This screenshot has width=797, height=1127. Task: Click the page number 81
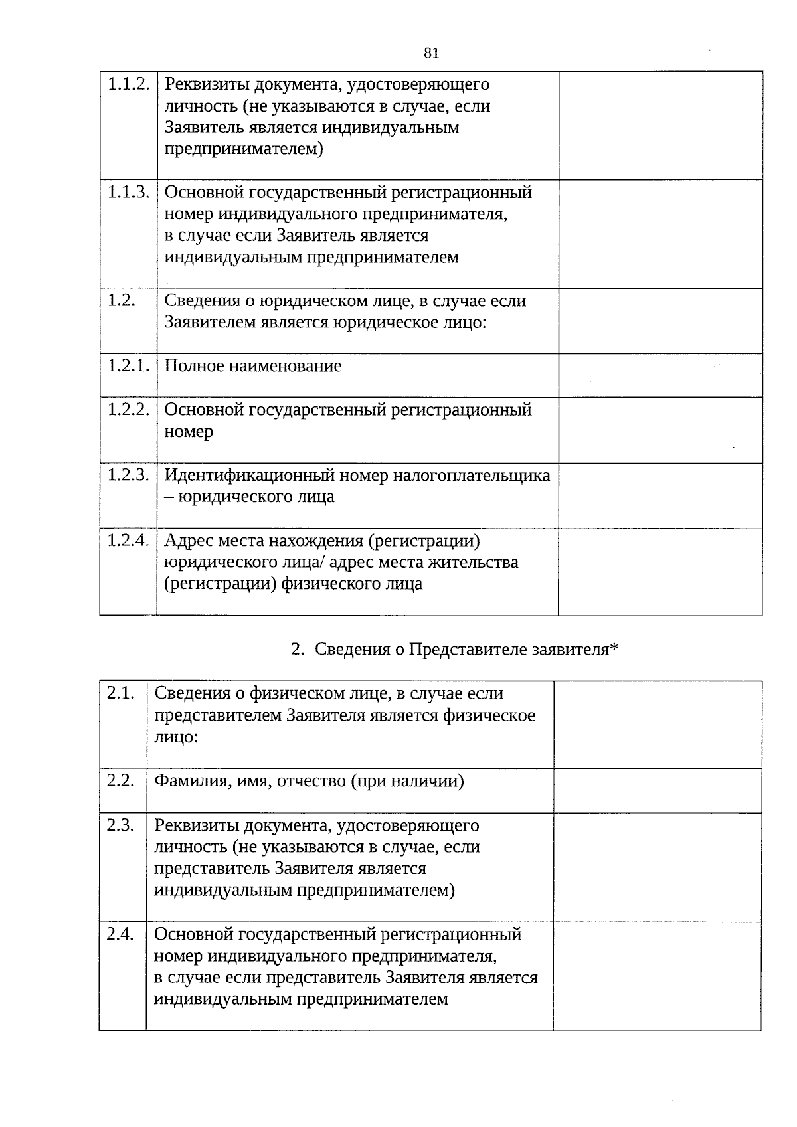click(x=431, y=54)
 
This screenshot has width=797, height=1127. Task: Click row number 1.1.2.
click(x=128, y=84)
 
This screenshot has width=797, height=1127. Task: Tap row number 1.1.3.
click(x=128, y=193)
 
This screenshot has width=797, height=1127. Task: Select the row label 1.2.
click(x=121, y=300)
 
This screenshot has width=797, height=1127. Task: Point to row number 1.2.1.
click(x=128, y=365)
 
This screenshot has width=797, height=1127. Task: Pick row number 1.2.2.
click(x=128, y=409)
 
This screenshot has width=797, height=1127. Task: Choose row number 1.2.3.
click(x=128, y=475)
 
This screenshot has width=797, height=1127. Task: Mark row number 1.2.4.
click(x=128, y=540)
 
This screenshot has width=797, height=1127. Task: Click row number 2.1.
click(x=120, y=693)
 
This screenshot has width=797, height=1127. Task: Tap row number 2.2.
click(x=120, y=780)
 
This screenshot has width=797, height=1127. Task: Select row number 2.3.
click(x=120, y=825)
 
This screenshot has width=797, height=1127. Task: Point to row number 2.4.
click(x=120, y=934)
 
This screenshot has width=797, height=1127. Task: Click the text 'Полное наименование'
click(x=253, y=366)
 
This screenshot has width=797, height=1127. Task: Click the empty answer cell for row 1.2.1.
click(x=660, y=375)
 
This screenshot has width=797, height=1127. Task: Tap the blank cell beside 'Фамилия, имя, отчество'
click(x=657, y=790)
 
